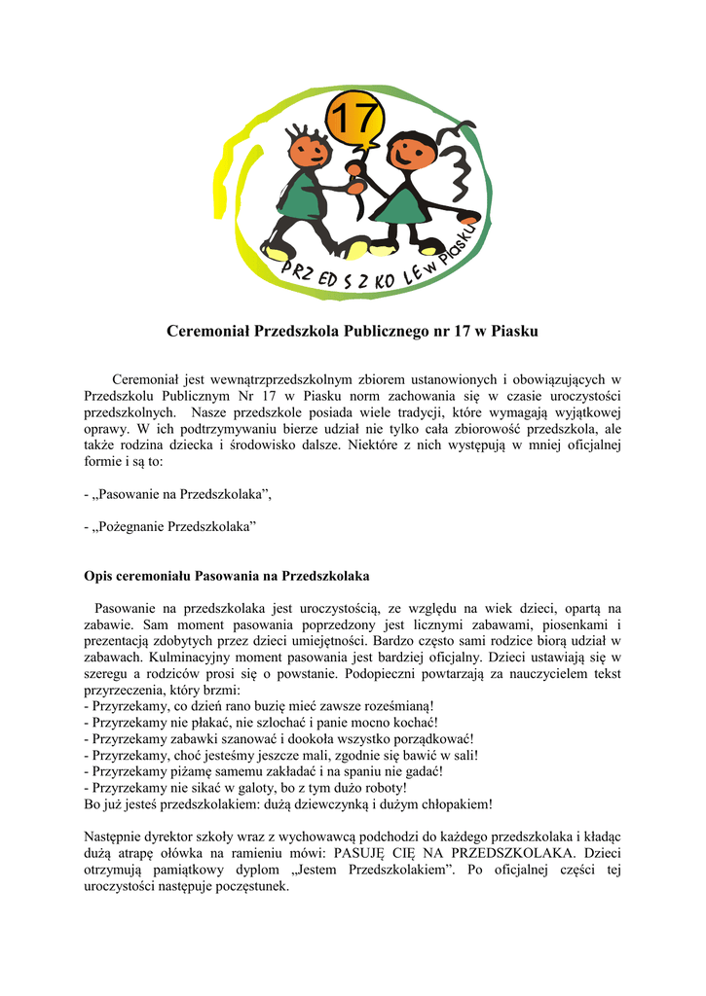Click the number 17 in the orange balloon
(x=353, y=121)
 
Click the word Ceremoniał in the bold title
(x=207, y=332)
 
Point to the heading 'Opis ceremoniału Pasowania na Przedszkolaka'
(x=226, y=575)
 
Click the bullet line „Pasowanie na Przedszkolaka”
(x=179, y=495)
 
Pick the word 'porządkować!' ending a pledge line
(x=428, y=738)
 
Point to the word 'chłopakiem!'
(x=455, y=804)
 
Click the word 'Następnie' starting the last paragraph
(x=114, y=836)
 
